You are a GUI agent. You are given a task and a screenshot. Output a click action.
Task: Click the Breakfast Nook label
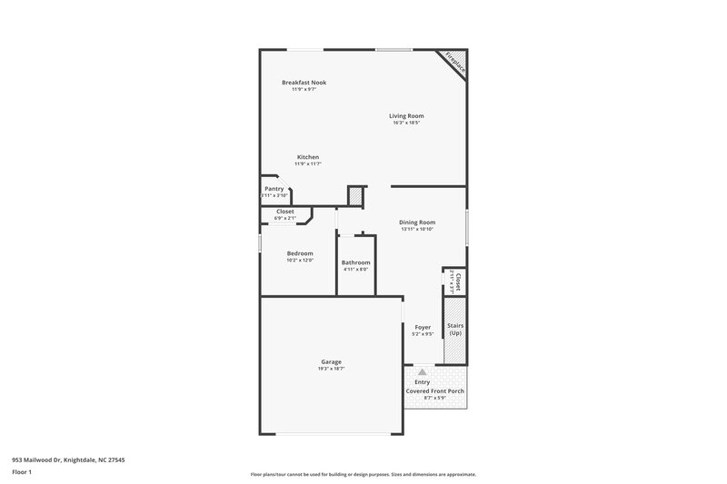point(304,83)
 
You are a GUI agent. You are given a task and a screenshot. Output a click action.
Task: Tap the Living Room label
point(406,116)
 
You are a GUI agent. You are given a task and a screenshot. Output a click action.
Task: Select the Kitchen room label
point(307,157)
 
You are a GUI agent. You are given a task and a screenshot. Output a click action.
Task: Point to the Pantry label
point(274,189)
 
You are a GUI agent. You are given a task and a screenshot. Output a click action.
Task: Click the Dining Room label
point(417,222)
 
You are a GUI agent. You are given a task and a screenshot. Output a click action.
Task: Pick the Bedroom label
point(300,253)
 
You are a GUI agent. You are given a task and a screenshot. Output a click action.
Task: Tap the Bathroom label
point(355,262)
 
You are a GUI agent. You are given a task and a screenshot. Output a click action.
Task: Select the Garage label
point(331,361)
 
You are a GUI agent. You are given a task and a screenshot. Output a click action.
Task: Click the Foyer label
point(423,327)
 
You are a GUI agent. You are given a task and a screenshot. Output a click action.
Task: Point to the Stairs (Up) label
point(455,329)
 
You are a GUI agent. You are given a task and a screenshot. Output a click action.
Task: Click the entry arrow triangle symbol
point(422,371)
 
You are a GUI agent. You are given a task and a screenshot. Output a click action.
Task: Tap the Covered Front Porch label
point(434,391)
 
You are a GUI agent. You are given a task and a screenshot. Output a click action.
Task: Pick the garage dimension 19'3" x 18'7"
point(331,369)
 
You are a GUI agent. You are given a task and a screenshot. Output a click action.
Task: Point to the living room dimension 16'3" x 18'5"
point(406,123)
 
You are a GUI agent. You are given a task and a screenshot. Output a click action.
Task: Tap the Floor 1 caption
point(22,473)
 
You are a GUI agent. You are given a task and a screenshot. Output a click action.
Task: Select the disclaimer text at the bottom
point(363,474)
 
